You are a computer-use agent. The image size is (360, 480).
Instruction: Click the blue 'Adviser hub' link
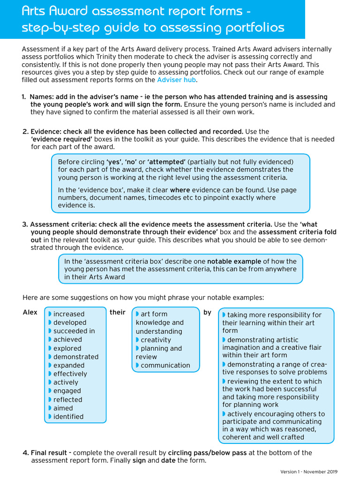[x=176, y=80]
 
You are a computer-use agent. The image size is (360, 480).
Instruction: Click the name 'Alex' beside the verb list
[x=30, y=313]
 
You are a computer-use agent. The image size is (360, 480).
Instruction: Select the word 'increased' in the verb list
[x=69, y=314]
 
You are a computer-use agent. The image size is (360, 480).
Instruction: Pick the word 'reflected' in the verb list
[x=67, y=399]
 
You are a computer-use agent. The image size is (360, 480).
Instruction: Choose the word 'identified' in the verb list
[x=68, y=416]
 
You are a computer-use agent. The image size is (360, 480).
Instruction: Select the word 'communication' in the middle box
[x=165, y=365]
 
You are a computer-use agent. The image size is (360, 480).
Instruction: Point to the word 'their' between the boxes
[x=118, y=312]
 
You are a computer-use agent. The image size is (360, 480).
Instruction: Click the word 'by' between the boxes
[x=207, y=312]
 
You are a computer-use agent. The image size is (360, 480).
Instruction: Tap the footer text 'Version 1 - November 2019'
[x=309, y=472]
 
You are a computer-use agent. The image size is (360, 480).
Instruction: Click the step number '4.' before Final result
[x=26, y=453]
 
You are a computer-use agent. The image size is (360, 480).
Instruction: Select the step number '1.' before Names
[x=24, y=97]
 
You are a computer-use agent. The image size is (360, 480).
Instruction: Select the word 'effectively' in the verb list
[x=70, y=374]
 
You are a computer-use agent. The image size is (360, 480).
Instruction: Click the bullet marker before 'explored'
[x=50, y=348]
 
